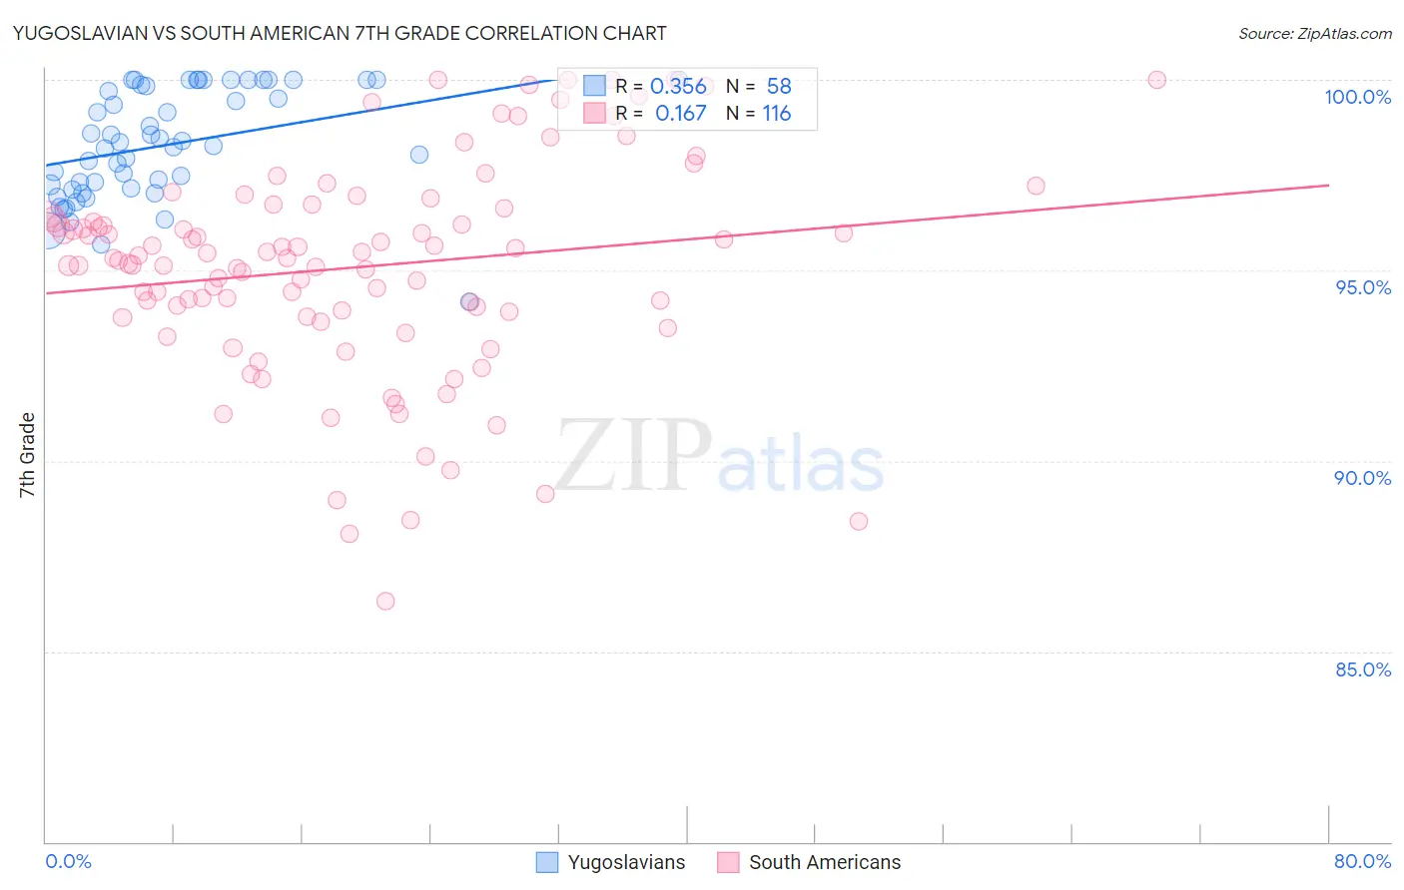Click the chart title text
coord(340,33)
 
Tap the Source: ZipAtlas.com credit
coord(1314,33)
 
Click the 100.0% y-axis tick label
coord(1357,97)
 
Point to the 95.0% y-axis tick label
coord(1363,287)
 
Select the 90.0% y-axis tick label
coord(1362,478)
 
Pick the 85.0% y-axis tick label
coord(1363,669)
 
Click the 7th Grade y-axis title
coord(27,455)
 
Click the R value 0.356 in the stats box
coord(678,87)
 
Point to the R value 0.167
coord(680,114)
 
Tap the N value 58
coord(779,87)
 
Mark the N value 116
coord(777,114)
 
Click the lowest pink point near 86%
coord(385,601)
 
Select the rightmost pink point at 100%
coord(1156,80)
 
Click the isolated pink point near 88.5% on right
coord(859,521)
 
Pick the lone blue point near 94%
coord(468,301)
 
